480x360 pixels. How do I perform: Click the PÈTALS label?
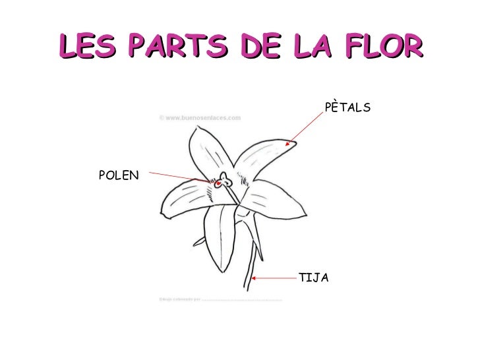point(348,107)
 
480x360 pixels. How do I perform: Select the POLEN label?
point(119,175)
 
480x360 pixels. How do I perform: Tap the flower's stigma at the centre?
point(224,179)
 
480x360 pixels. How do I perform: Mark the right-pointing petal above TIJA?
point(264,198)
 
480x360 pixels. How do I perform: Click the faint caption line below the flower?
point(221,299)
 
